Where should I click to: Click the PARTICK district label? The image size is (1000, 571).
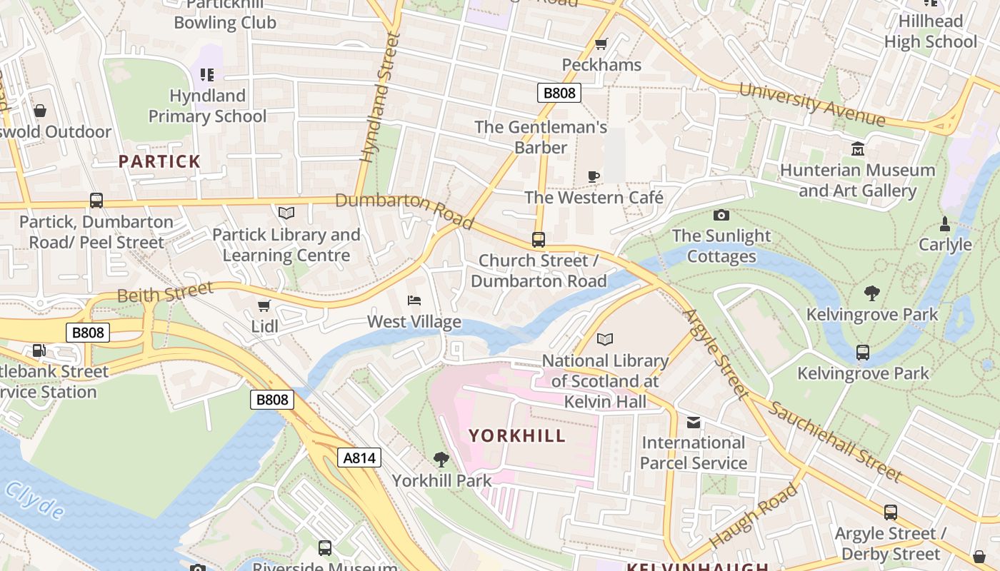click(159, 161)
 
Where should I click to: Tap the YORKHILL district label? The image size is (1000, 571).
click(517, 435)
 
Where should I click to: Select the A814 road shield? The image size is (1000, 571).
click(359, 458)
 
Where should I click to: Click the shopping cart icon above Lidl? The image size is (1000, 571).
click(264, 305)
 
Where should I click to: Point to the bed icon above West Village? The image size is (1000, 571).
click(414, 300)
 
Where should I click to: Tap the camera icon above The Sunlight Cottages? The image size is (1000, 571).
click(721, 215)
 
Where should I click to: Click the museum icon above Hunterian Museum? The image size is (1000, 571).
click(857, 148)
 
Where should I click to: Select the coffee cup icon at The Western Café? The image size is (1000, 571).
click(593, 176)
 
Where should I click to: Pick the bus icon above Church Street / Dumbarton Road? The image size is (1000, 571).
click(538, 239)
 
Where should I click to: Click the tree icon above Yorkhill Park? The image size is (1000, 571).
click(441, 459)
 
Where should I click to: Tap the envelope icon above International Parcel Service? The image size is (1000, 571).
click(693, 422)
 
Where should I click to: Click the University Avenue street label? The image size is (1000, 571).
click(812, 105)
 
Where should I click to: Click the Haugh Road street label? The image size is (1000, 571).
click(754, 515)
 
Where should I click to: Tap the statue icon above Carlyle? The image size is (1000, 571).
click(945, 224)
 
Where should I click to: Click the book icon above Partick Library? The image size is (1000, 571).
click(286, 213)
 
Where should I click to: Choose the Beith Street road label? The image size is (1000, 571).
click(165, 292)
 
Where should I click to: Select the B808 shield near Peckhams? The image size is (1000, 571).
click(559, 93)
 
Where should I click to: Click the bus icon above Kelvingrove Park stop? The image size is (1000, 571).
click(863, 352)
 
